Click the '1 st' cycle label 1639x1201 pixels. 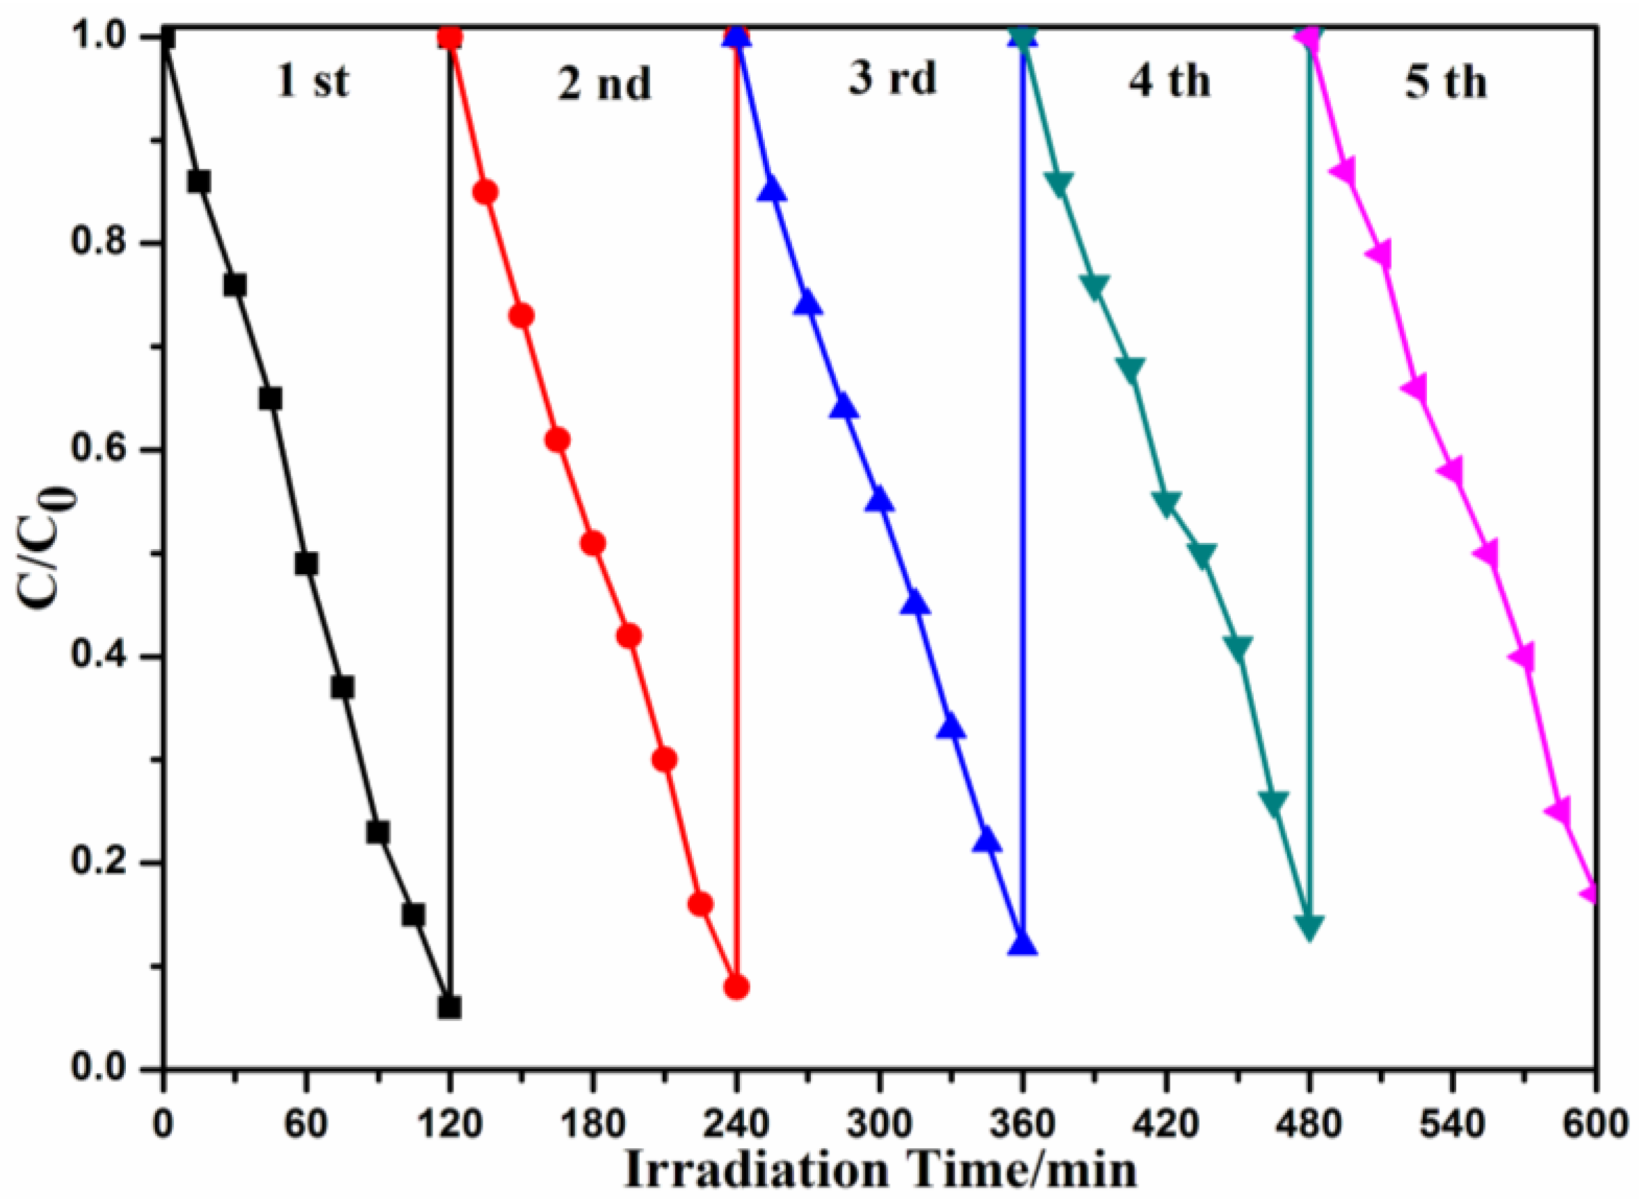pyautogui.click(x=313, y=82)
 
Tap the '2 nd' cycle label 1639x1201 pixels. pyautogui.click(x=604, y=83)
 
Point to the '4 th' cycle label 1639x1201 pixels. pyautogui.click(x=1169, y=81)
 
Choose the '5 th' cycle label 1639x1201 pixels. pyautogui.click(x=1446, y=82)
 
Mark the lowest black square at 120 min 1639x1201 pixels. pyautogui.click(x=450, y=1008)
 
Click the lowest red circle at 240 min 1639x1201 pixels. pyautogui.click(x=736, y=987)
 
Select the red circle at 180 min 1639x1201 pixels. pyautogui.click(x=593, y=544)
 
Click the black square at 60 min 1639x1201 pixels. pyautogui.click(x=307, y=564)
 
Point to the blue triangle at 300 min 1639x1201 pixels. pyautogui.click(x=880, y=500)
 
